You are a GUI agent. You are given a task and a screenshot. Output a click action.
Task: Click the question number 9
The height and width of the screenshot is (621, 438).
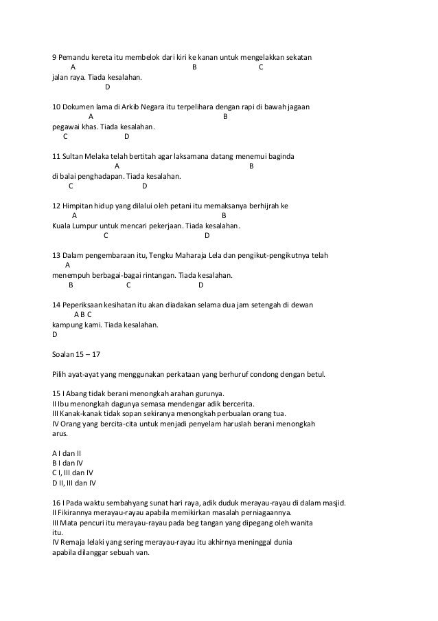pyautogui.click(x=55, y=56)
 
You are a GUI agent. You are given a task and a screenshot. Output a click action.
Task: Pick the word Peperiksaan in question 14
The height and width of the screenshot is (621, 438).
pyautogui.click(x=86, y=305)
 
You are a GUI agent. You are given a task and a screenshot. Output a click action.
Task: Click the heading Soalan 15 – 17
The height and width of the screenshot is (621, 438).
pyautogui.click(x=76, y=355)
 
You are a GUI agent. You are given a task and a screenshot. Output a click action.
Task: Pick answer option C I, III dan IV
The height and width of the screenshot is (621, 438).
pyautogui.click(x=73, y=473)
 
